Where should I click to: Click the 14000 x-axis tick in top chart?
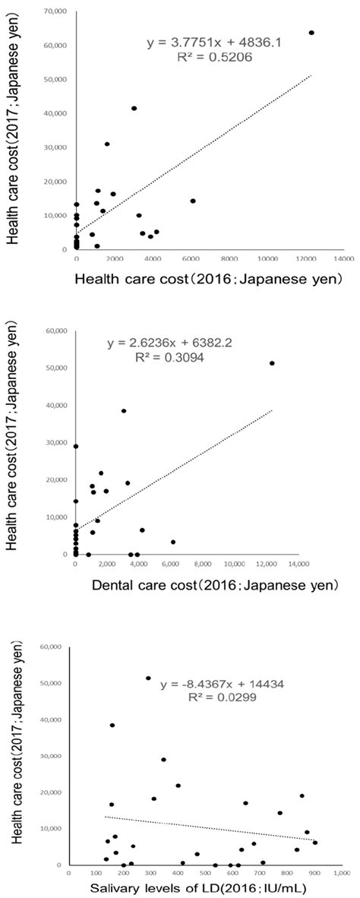pyautogui.click(x=333, y=259)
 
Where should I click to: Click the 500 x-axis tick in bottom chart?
pyautogui.click(x=203, y=874)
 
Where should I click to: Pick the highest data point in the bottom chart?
pyautogui.click(x=148, y=678)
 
